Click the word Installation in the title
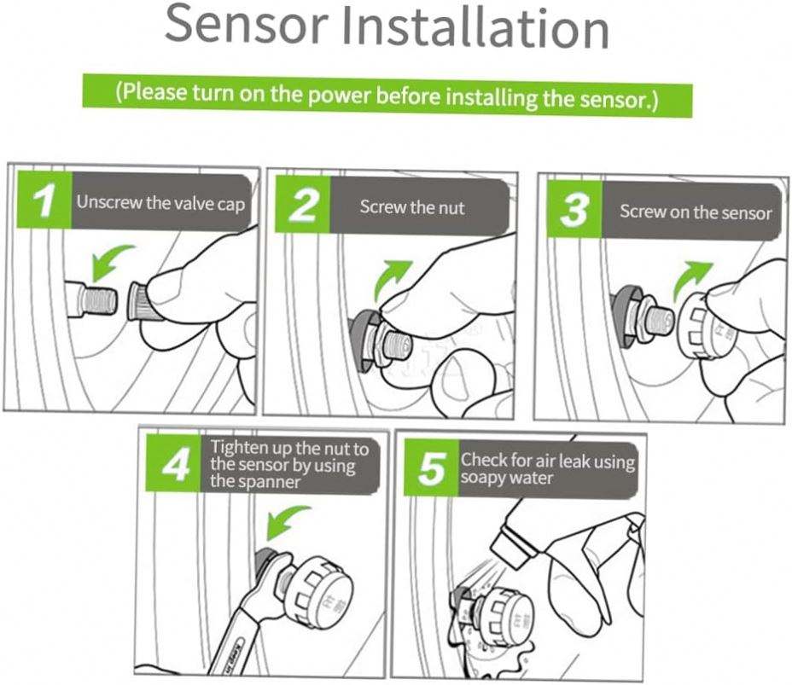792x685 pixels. click(x=475, y=28)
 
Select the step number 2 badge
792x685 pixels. click(x=301, y=207)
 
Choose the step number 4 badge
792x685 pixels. click(x=173, y=466)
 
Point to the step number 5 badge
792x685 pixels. click(x=431, y=469)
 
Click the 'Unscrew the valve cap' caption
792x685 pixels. click(x=160, y=204)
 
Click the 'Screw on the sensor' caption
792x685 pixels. click(x=695, y=212)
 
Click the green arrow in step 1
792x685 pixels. click(x=113, y=260)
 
